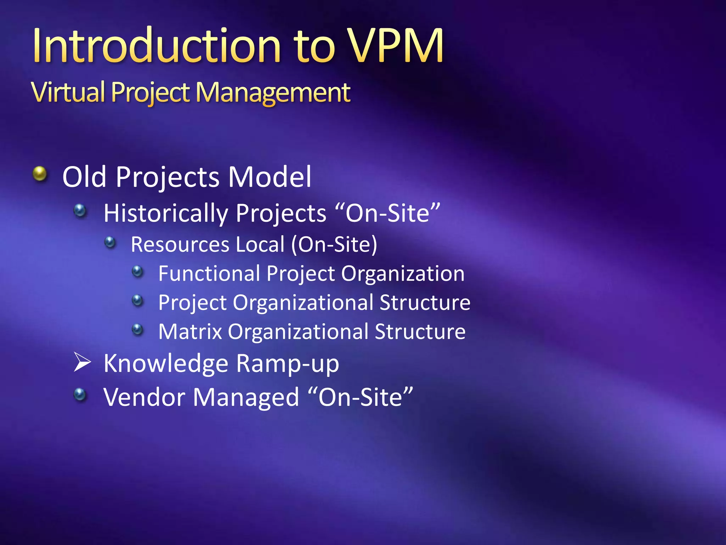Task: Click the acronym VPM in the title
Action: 395,46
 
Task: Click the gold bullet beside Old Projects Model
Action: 40,174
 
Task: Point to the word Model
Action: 269,177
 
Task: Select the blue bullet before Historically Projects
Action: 80,211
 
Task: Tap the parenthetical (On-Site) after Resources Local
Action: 334,244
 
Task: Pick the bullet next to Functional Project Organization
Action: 137,272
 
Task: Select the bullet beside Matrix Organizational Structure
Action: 137,330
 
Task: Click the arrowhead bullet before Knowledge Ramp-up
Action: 82,362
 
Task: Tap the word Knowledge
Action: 166,364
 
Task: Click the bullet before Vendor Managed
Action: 80,394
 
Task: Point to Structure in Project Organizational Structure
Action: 425,303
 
